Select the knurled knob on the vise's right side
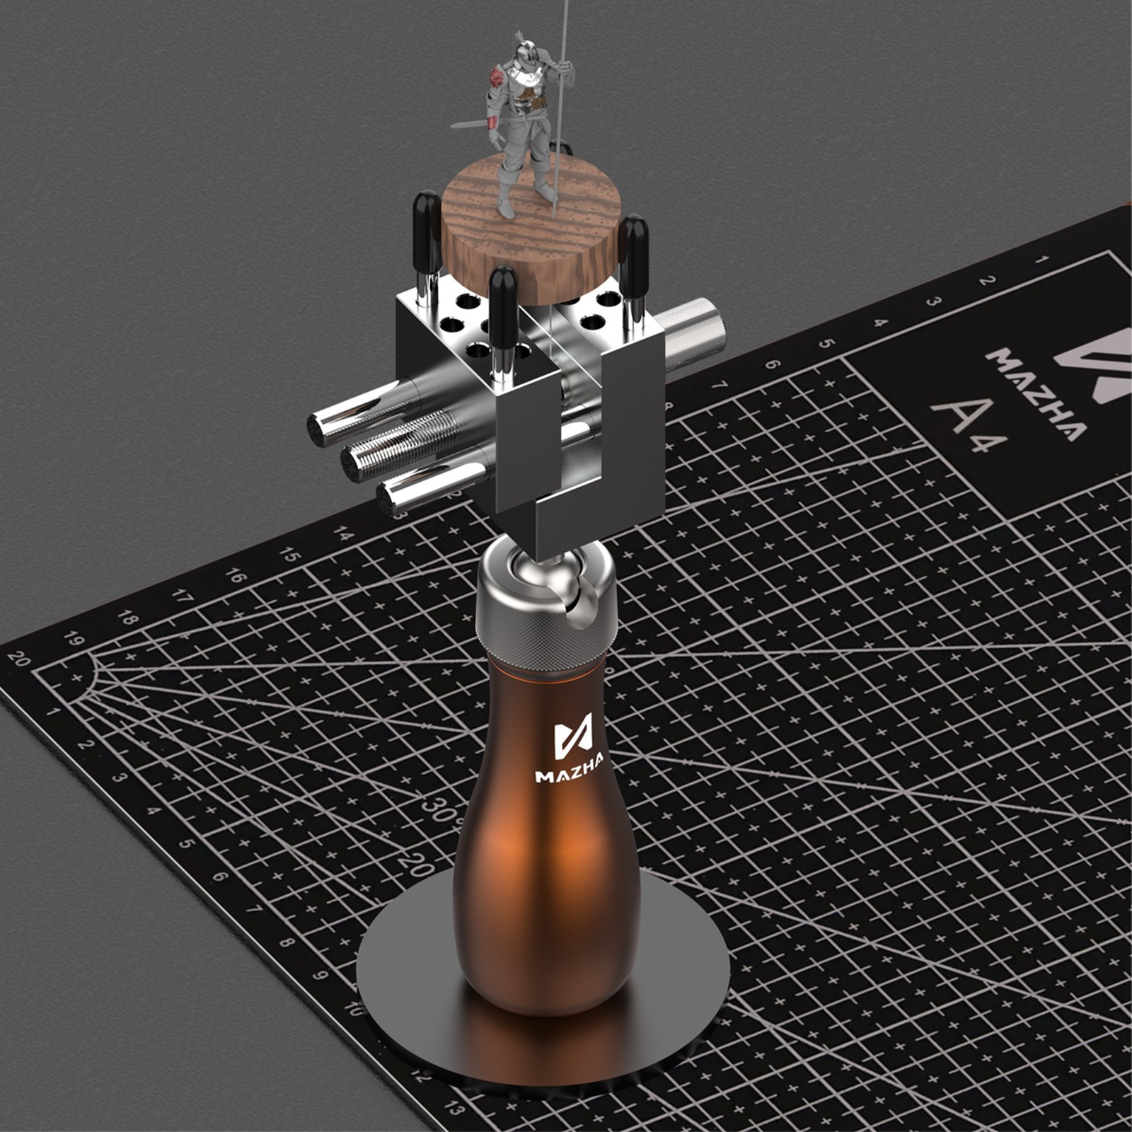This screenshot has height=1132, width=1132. click(696, 333)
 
